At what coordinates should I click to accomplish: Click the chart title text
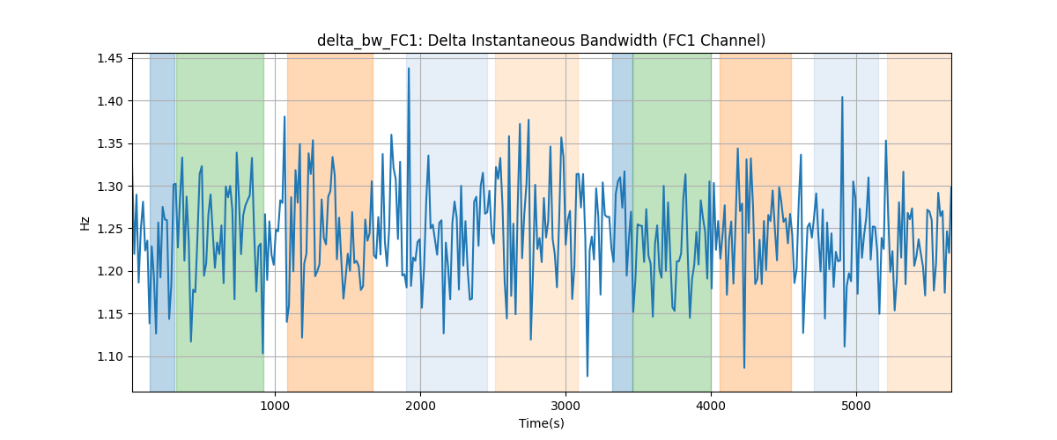541,40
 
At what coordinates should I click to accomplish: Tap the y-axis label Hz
85,223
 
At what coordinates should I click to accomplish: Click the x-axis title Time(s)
541,423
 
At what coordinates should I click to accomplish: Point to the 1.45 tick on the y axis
109,58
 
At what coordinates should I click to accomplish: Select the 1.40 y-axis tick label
109,101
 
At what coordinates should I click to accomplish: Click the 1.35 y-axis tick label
109,143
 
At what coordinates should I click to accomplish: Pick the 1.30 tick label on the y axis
109,187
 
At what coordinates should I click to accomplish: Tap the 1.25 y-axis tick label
109,229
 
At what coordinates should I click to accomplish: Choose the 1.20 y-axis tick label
109,272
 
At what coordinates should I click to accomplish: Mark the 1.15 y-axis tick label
109,314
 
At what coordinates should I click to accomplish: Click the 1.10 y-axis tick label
109,356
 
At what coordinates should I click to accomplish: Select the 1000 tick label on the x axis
275,406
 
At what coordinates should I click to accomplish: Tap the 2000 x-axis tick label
420,406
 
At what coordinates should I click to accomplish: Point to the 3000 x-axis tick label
565,406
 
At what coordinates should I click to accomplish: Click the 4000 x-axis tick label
711,406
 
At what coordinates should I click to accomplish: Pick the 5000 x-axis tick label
856,406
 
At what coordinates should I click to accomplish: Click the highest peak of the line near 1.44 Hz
409,69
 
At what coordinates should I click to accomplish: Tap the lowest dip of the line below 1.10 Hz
587,376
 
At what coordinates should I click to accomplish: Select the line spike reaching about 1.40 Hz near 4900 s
842,97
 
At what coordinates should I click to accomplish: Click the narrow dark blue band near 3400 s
623,222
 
